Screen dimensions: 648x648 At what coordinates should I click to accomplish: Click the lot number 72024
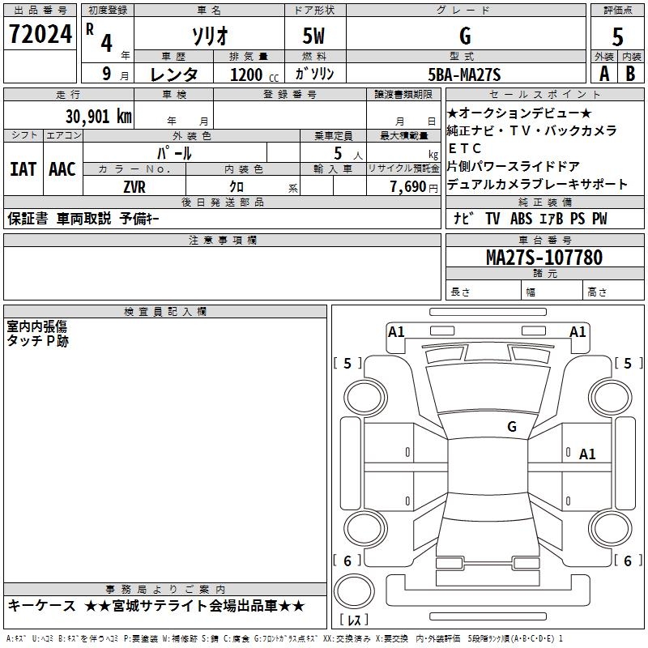point(39,35)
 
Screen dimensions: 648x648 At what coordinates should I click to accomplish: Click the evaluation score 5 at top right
point(617,36)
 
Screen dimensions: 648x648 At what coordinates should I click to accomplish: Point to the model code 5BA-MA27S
point(464,75)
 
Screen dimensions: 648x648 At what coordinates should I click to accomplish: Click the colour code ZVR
point(134,185)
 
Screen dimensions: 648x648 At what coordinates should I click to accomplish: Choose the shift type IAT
point(23,169)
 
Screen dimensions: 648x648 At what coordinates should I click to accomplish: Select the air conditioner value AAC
point(62,169)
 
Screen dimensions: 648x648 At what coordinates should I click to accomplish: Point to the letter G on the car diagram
point(511,426)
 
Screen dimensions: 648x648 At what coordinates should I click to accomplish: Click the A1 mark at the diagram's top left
point(396,331)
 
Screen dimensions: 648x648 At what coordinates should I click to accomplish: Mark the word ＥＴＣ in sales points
point(465,148)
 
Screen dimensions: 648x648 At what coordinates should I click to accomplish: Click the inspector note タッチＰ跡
point(38,342)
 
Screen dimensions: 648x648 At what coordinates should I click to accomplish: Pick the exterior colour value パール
point(174,152)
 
